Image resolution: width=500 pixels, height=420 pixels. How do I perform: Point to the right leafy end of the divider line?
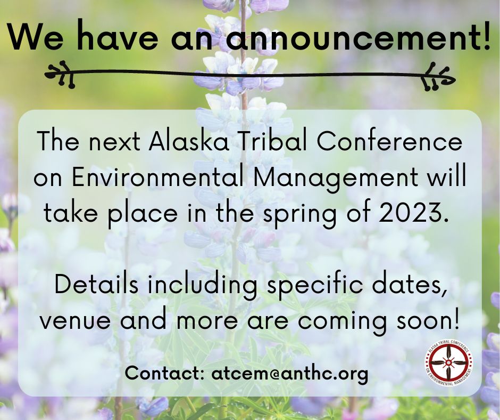[437, 77]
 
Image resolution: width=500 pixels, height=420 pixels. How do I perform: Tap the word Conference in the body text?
[389, 141]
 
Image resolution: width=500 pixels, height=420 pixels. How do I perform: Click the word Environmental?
[158, 176]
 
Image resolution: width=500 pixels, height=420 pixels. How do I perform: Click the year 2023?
[414, 212]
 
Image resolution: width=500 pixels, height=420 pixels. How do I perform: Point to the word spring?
[299, 214]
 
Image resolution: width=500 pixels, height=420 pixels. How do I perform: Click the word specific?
[314, 285]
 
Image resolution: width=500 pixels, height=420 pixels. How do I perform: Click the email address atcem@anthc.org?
[289, 373]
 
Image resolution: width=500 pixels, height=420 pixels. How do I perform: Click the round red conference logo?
[449, 363]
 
